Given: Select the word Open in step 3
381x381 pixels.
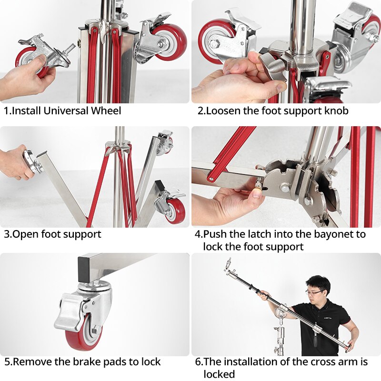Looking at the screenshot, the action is (x=25, y=235).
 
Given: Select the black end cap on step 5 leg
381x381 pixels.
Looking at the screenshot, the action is (x=84, y=269).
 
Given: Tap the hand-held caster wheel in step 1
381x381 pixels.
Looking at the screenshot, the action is (x=31, y=61).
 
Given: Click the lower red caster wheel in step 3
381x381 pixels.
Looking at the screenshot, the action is (x=175, y=211).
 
